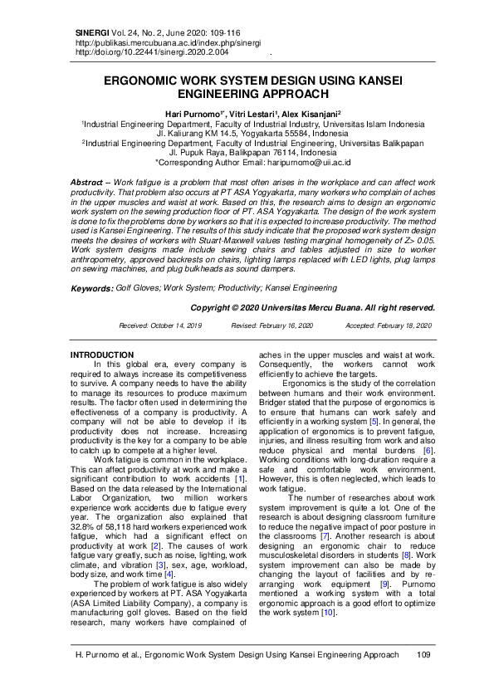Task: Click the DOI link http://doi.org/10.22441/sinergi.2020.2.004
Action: tap(152, 51)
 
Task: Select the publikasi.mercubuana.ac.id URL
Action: tap(157, 41)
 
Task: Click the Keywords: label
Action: tap(91, 288)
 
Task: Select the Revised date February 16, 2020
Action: tap(283, 326)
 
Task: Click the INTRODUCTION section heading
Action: tap(101, 354)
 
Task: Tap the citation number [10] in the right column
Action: tap(329, 589)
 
